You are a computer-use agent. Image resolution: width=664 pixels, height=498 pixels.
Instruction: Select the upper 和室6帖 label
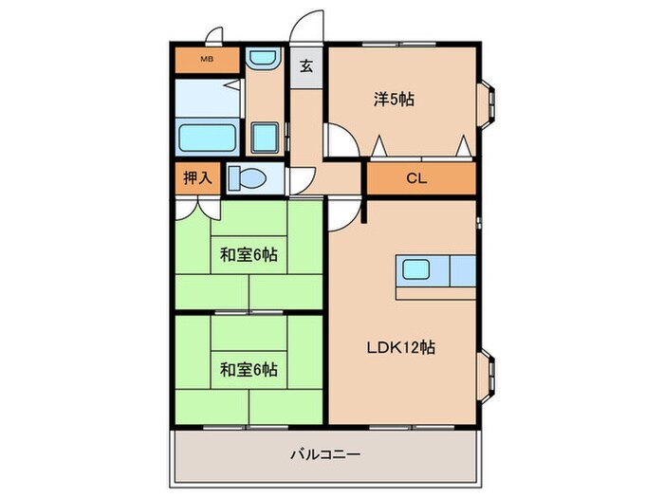249,254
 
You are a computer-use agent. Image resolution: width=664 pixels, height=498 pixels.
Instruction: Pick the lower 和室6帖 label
249,368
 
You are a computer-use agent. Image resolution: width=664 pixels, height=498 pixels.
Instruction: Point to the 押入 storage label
195,177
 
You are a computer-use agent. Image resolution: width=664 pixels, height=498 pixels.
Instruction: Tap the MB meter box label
205,59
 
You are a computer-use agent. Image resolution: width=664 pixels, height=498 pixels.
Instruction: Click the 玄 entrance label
306,66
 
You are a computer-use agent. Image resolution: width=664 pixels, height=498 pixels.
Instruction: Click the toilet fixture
249,177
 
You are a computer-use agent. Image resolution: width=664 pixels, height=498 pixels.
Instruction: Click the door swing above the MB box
214,37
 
